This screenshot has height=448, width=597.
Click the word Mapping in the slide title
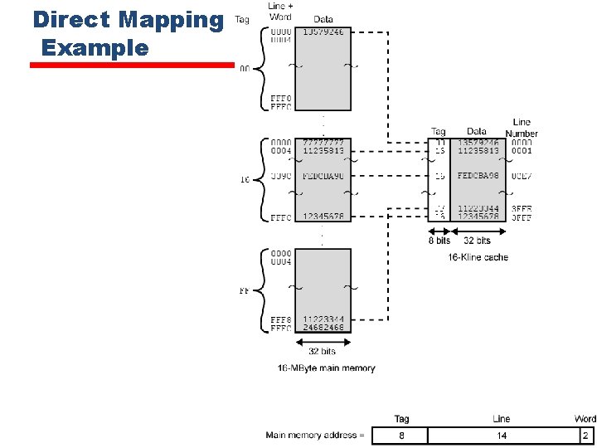coord(172,19)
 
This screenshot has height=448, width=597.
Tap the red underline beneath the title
coord(133,65)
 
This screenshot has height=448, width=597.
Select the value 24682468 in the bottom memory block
coord(323,328)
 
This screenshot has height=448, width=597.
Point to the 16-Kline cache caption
coord(478,257)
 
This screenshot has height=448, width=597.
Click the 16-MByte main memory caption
coord(326,368)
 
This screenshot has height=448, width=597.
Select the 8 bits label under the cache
coord(439,241)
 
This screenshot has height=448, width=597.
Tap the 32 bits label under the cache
coord(477,241)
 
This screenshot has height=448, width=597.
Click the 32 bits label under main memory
coord(323,351)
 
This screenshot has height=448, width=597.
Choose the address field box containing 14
coord(501,436)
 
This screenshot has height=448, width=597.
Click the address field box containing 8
coord(400,436)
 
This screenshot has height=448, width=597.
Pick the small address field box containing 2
coord(585,436)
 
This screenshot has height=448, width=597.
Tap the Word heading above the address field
coord(585,419)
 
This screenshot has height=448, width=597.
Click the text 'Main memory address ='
coord(315,436)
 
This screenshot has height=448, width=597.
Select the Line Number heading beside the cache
coord(522,128)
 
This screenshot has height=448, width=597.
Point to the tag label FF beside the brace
coord(245,291)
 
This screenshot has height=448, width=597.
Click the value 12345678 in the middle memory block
coord(323,217)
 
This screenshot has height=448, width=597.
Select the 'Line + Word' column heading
coord(279,12)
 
